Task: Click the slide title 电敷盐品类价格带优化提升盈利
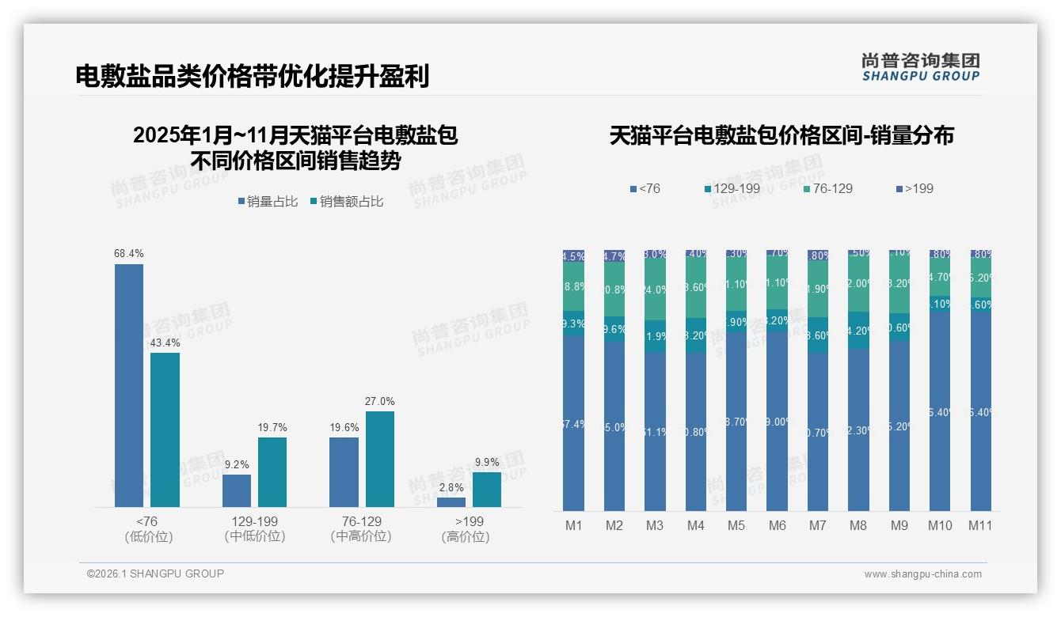coord(253,77)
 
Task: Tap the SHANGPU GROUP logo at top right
coord(920,67)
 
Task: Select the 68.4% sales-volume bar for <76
coord(129,385)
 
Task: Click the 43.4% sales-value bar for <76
coord(165,430)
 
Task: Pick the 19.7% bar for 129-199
coord(272,471)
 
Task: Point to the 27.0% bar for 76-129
coord(379,459)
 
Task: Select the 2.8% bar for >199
coord(451,502)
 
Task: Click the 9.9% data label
coord(487,462)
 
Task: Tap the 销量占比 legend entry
coord(267,202)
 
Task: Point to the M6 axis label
coord(777,525)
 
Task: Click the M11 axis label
coord(980,525)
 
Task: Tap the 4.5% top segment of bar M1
coord(573,256)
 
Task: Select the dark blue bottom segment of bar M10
coord(940,411)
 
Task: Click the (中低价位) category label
coord(255,536)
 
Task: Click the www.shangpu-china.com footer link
coord(922,574)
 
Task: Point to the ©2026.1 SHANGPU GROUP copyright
coord(155,573)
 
